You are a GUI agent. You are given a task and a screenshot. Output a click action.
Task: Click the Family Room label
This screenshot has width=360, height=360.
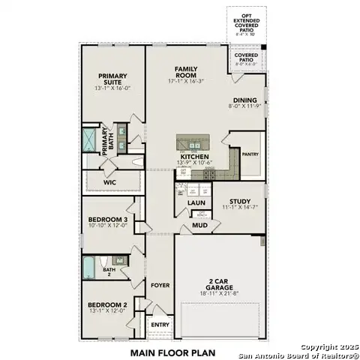(185, 71)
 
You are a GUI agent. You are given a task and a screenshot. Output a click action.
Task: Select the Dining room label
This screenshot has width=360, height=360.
(244, 100)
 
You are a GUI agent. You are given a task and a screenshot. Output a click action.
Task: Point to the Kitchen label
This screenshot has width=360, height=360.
(193, 156)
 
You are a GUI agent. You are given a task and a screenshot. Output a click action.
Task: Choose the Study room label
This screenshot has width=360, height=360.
(240, 201)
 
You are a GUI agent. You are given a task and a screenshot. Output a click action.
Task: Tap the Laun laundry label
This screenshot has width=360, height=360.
(196, 202)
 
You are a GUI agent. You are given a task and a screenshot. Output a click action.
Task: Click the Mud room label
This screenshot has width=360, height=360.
(199, 224)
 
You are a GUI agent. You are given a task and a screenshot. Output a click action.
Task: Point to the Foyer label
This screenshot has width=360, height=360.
(159, 285)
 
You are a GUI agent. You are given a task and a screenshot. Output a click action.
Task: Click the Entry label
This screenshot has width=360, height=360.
(159, 325)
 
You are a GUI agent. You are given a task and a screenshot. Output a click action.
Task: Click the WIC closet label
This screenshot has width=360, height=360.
(110, 181)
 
